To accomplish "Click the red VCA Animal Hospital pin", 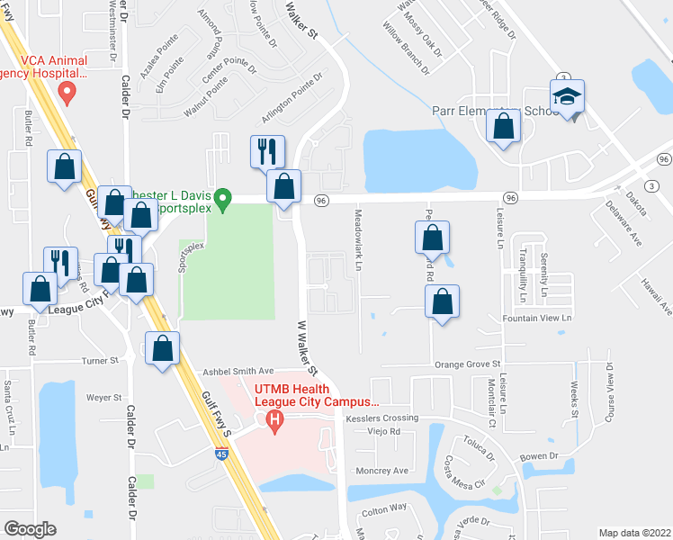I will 66,91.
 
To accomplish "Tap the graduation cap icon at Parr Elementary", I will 567,96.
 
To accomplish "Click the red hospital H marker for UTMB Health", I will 275,419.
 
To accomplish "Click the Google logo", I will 30,529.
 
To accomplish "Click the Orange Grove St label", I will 467,364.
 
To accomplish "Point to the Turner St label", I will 101,361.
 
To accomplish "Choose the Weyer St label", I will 104,397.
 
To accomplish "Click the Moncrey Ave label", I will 381,470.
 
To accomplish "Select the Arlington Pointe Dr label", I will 292,100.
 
